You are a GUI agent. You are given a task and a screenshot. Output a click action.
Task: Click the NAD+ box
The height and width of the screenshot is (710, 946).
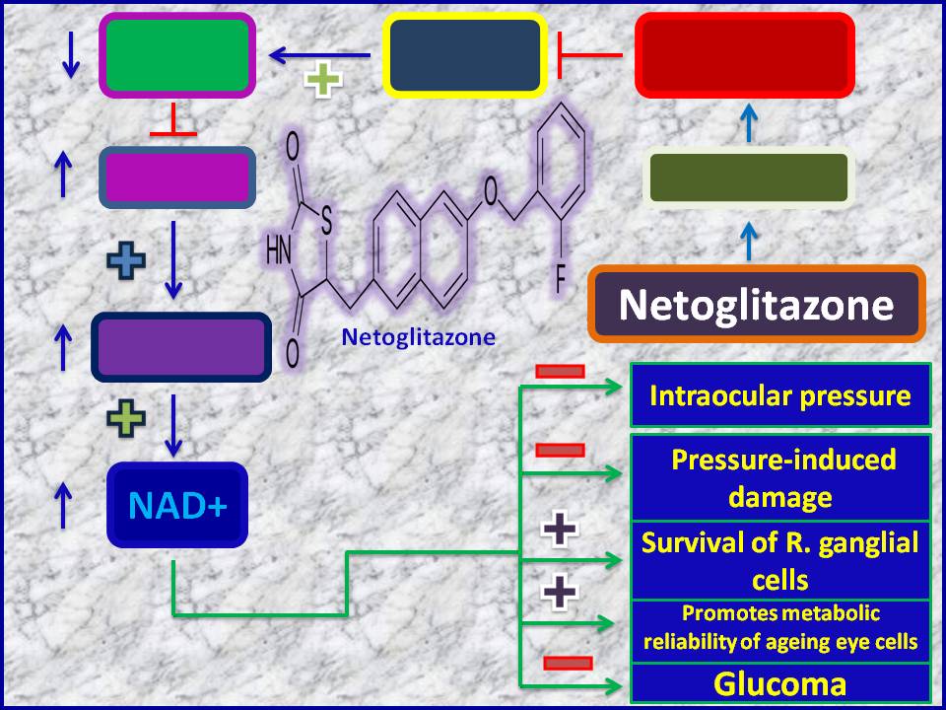coord(177,505)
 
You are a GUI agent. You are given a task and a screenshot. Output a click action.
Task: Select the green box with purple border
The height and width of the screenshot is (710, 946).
coord(177,55)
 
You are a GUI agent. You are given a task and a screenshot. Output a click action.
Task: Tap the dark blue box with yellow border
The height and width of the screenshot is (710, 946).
coord(465,55)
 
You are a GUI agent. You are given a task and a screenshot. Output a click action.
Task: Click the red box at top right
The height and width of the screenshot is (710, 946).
coord(745,55)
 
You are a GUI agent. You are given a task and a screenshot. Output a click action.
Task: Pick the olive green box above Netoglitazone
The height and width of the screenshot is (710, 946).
coord(749,177)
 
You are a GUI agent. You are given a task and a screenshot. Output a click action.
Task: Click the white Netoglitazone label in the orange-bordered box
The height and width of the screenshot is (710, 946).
coord(756,305)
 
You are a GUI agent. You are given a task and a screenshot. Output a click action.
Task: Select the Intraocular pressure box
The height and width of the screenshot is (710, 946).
coord(780,396)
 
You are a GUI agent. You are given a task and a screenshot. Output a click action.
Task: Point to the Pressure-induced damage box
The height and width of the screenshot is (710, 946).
coord(780,477)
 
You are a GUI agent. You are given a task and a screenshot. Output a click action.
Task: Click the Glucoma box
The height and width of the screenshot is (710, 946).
coord(780,683)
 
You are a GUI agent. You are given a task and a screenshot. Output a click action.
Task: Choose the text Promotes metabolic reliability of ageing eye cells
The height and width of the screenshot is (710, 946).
coord(780,627)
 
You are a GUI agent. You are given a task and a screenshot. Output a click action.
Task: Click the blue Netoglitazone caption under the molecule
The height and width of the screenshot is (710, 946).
coord(418,337)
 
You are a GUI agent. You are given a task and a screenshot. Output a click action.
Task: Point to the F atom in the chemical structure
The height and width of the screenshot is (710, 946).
coord(561,281)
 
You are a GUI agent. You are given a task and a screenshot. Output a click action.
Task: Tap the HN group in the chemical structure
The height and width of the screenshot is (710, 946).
coord(278,250)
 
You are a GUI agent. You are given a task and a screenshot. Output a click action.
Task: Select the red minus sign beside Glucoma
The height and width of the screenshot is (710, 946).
coord(568,663)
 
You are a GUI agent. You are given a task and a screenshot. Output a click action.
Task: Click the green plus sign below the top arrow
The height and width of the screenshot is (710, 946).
coord(323,79)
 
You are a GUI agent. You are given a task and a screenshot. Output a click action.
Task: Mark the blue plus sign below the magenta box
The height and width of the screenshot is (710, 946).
coord(126,259)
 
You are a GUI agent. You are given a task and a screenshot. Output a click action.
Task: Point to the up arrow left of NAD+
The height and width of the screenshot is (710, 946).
coord(63,506)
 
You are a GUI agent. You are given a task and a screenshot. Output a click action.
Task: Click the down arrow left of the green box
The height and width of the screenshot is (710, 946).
coord(71,54)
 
